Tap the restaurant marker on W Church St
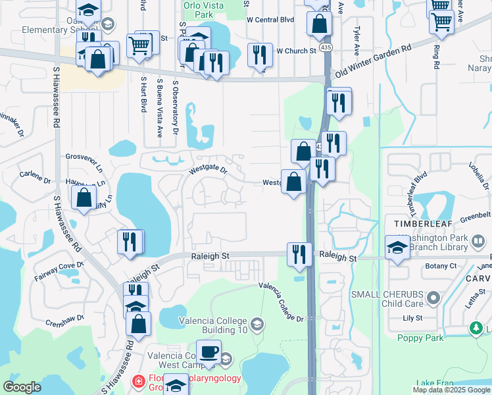coord(260,56)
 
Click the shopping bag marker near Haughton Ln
coord(84,197)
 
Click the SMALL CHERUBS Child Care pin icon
coord(433,299)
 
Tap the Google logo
coord(22,386)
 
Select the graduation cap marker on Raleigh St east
coord(398,249)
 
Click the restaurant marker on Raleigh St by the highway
coord(299,254)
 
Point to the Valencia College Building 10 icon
coord(257,323)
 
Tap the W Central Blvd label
coord(270,20)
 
